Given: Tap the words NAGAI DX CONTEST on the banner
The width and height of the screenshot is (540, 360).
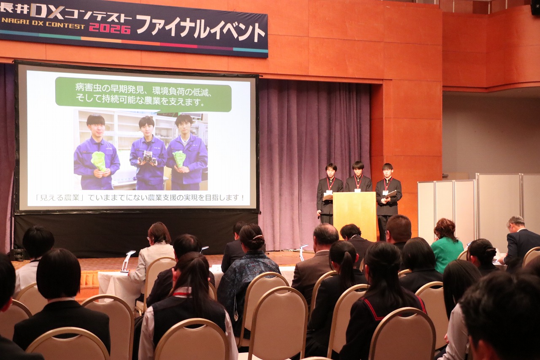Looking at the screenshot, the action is pyautogui.click(x=43, y=23).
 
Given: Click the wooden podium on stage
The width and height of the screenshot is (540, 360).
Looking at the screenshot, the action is pyautogui.click(x=354, y=216).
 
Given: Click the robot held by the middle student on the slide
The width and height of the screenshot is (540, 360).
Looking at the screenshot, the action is pyautogui.click(x=147, y=157).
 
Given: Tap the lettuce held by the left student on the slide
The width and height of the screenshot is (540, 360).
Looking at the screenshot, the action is pyautogui.click(x=99, y=161).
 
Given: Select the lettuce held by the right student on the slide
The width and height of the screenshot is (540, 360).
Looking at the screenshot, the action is pyautogui.click(x=179, y=158).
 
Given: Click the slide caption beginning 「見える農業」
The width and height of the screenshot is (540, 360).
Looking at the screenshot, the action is pyautogui.click(x=139, y=198).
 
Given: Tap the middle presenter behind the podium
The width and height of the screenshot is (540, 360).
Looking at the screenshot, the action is pyautogui.click(x=358, y=177).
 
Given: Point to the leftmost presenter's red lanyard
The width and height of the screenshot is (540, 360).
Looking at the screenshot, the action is pyautogui.click(x=330, y=183).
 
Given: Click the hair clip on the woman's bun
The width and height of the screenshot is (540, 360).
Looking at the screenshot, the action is pyautogui.click(x=257, y=237).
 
